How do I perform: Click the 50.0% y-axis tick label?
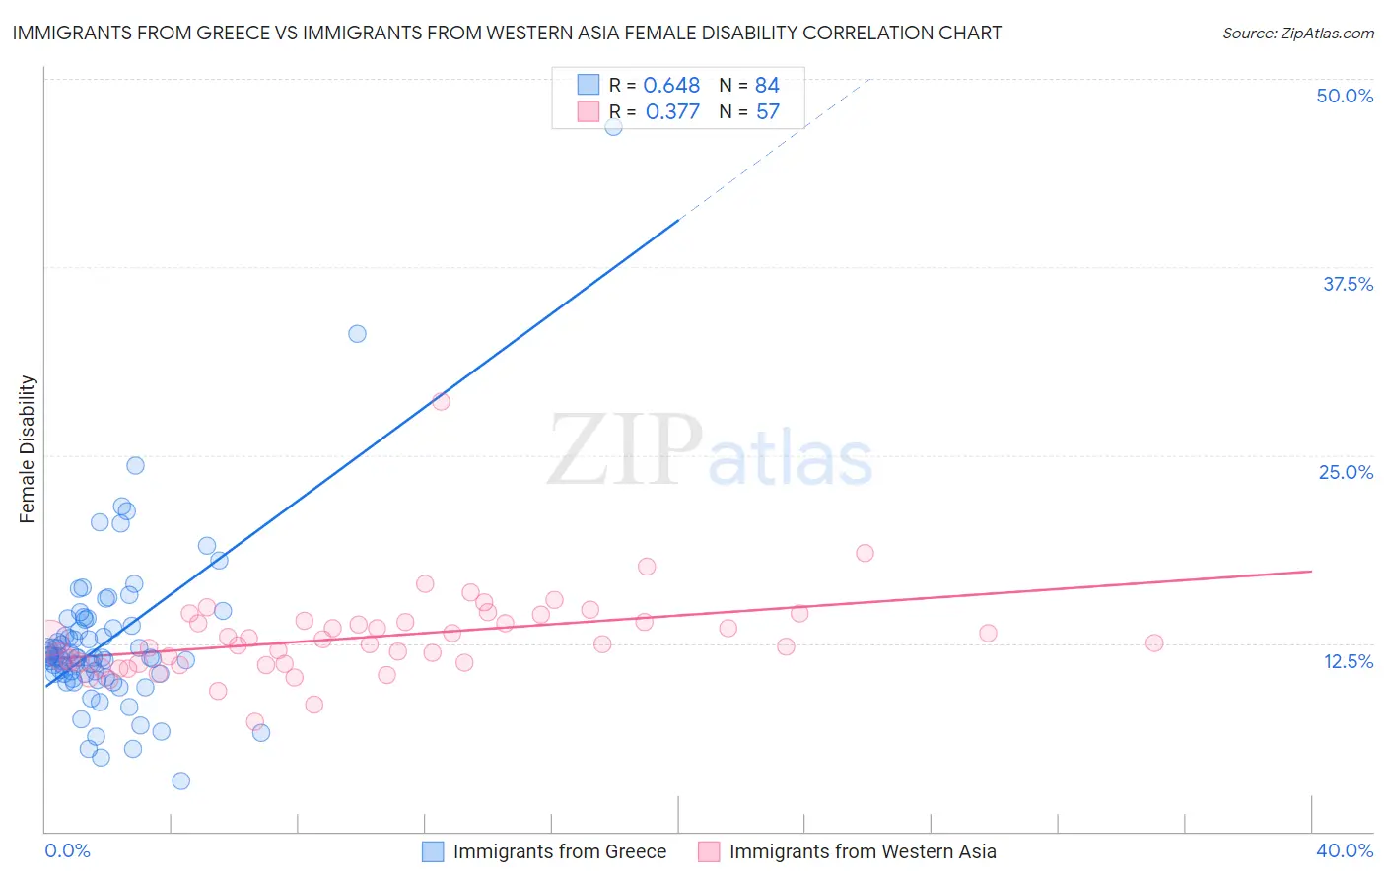[x=1345, y=96]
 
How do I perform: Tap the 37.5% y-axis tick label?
[x=1348, y=284]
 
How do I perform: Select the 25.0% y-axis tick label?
[x=1346, y=472]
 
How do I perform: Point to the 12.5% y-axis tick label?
[x=1348, y=661]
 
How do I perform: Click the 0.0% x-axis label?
[x=67, y=850]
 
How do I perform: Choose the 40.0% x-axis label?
[x=1345, y=850]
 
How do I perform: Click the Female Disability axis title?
[x=28, y=448]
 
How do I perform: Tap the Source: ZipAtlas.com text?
[x=1297, y=34]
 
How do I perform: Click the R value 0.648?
[x=671, y=86]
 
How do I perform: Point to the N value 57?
[x=767, y=112]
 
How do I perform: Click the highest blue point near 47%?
[x=613, y=126]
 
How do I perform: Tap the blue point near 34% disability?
[x=357, y=334]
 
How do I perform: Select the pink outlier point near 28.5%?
[x=441, y=401]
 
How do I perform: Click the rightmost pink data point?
[x=1154, y=642]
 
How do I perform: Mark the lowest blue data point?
[x=180, y=780]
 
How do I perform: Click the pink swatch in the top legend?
[x=588, y=112]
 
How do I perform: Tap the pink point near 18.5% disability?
[x=865, y=553]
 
